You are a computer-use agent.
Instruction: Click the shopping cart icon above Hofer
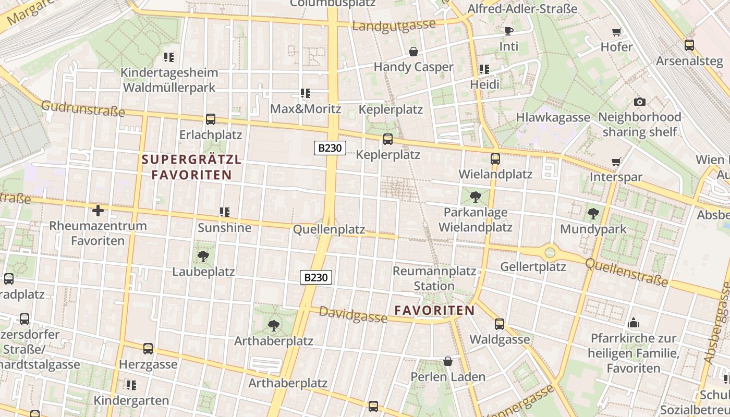coord(616,32)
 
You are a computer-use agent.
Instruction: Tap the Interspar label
coord(616,177)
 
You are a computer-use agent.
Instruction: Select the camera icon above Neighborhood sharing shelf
coord(639,102)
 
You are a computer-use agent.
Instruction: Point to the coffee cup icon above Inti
coord(509,31)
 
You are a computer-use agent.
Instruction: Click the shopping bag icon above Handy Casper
coord(413,52)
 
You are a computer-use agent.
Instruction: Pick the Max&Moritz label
coord(306,109)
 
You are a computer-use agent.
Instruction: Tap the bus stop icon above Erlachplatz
coord(211,119)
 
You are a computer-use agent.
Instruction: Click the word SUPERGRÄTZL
coord(191,160)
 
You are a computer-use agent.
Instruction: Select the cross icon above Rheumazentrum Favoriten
coord(98,211)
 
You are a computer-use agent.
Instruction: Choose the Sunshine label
coord(224,228)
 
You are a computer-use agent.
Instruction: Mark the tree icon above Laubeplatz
coord(203,256)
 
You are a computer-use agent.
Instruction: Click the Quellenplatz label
coord(329,230)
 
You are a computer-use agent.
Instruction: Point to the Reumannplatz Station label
coord(434,278)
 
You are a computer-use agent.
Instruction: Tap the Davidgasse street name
coord(353,314)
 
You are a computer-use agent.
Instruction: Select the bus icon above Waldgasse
coord(500,324)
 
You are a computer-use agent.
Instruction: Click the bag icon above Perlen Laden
coord(448,361)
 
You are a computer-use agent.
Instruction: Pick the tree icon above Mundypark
coord(593,213)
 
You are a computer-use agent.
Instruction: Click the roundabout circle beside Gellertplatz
coord(550,253)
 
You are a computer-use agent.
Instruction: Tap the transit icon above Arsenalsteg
coord(689,45)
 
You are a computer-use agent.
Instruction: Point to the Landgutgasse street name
coord(394,26)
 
